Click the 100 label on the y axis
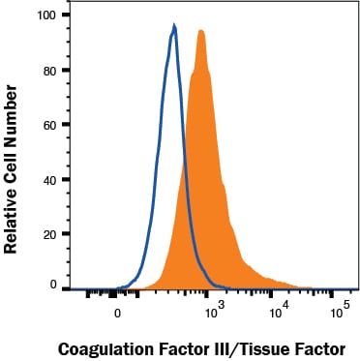(47, 15)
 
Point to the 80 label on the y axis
(51, 71)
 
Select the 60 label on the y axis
(51, 125)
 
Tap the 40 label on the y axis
(51, 179)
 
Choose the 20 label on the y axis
(51, 234)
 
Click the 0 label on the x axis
(118, 314)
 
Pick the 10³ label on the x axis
(215, 310)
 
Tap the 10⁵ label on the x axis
(338, 310)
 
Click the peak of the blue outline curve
(174, 26)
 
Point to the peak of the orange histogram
(201, 31)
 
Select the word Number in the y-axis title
(10, 114)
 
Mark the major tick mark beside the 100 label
(66, 15)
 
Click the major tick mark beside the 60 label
(66, 124)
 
